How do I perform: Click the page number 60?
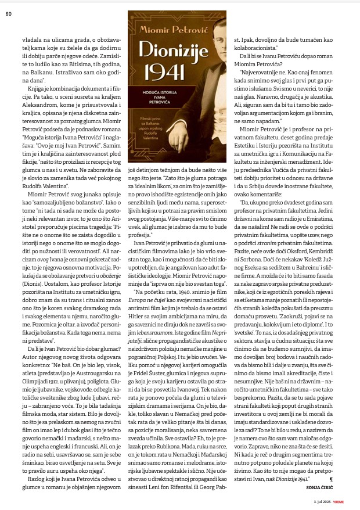(x=9, y=14)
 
